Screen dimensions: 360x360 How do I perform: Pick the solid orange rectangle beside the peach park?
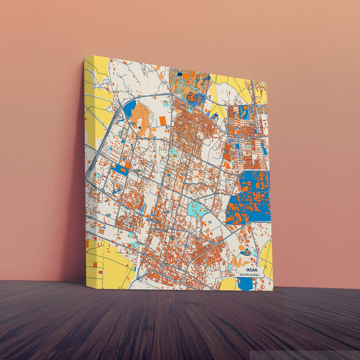click(162, 121)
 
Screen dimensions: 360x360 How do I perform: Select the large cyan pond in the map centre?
click(197, 209)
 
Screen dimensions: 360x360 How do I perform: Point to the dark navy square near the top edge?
click(179, 72)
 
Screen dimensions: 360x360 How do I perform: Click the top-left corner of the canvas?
click(85, 57)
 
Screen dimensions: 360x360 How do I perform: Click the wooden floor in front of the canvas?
click(180, 324)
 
